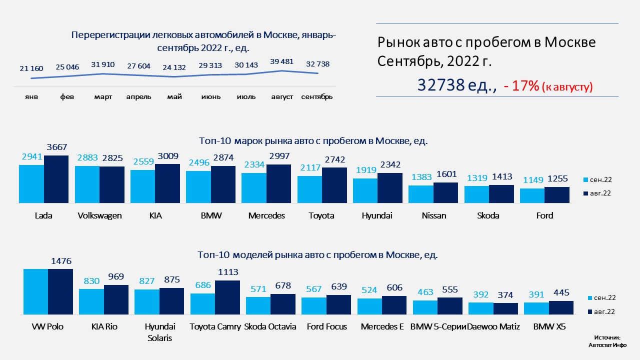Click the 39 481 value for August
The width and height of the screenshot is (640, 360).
click(x=282, y=61)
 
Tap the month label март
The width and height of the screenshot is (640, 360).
click(x=103, y=96)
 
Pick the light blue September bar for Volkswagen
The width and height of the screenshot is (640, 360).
click(x=87, y=184)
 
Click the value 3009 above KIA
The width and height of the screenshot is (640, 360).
click(x=167, y=156)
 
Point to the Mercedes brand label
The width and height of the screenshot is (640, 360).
click(x=266, y=216)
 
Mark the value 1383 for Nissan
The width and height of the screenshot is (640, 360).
click(x=421, y=177)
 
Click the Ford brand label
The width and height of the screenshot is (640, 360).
click(x=544, y=216)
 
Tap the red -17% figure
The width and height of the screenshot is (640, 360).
click(x=521, y=86)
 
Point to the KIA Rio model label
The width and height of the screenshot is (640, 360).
click(x=104, y=327)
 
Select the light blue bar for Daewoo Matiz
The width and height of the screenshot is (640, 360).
click(x=481, y=308)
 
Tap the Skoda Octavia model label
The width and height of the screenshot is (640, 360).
click(x=270, y=327)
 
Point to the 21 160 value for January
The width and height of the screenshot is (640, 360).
click(x=31, y=68)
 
